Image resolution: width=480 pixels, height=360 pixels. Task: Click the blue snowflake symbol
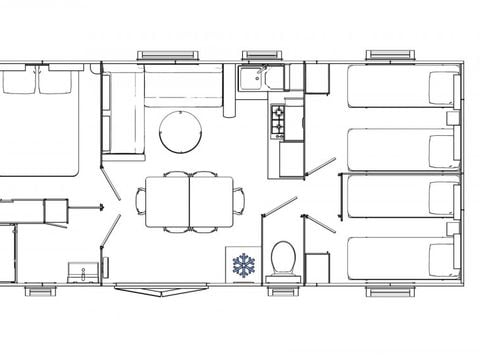[244, 265]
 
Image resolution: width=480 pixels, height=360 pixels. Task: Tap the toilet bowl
[282, 258]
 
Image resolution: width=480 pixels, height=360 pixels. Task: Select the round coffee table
[180, 130]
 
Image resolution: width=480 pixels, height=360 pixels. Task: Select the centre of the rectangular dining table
[189, 202]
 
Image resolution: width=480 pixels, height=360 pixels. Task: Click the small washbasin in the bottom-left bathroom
[78, 270]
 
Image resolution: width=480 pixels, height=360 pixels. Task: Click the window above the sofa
[161, 55]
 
